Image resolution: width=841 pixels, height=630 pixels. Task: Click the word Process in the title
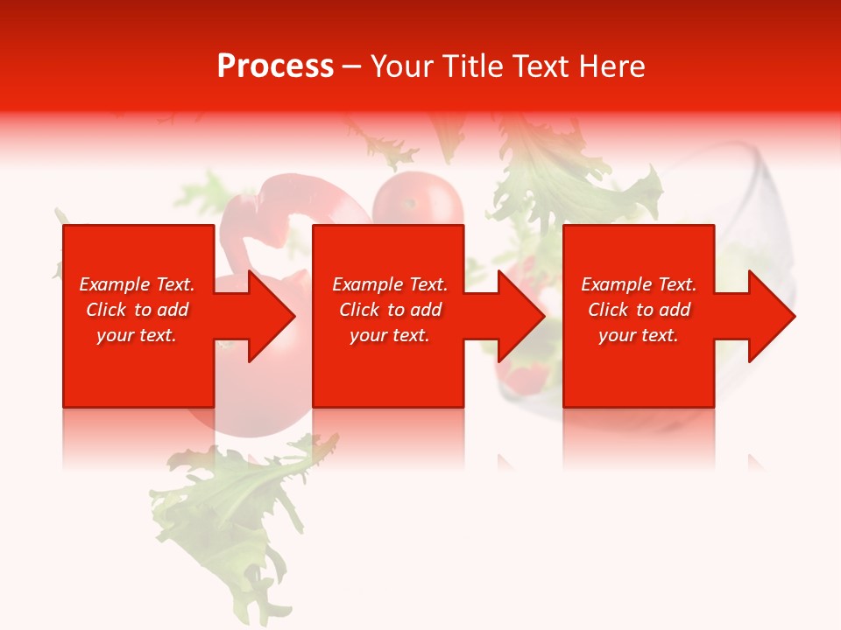(275, 66)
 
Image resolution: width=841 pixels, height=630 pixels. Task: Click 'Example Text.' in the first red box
(137, 284)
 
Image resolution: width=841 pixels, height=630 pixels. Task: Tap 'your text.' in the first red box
(137, 335)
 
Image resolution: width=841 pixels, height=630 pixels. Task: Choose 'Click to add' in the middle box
(390, 310)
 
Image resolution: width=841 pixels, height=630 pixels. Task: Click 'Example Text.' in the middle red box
(390, 284)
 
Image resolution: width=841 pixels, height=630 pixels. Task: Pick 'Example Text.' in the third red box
(639, 284)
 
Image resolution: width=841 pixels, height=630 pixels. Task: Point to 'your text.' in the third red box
(639, 335)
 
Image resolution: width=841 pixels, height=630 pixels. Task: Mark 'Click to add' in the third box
(639, 310)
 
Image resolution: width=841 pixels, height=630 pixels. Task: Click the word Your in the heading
(402, 66)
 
